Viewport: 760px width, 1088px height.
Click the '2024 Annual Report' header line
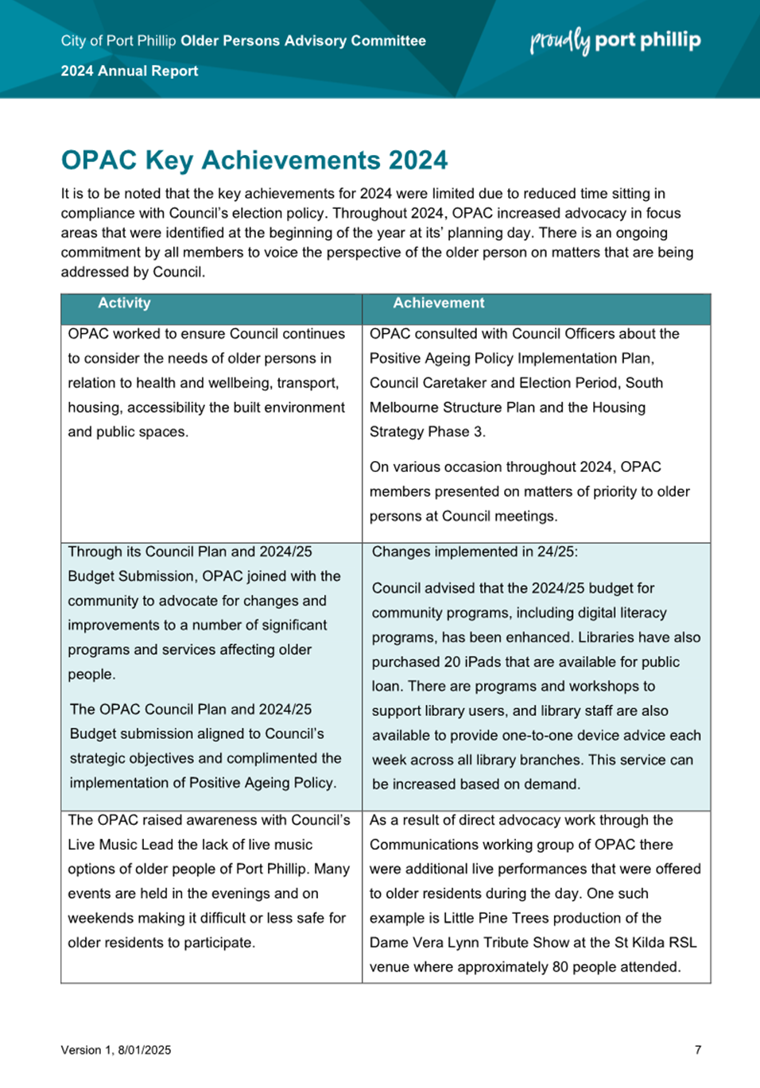coord(130,71)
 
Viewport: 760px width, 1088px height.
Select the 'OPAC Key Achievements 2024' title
coord(254,161)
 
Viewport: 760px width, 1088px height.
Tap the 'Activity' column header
coord(124,303)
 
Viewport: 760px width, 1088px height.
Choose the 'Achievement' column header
coord(438,303)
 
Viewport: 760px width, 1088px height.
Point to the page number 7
coord(698,1050)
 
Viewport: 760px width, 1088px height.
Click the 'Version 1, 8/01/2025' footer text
coord(116,1050)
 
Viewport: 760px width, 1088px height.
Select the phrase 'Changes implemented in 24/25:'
coord(475,552)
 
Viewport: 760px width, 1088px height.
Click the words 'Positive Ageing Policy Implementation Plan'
coord(511,358)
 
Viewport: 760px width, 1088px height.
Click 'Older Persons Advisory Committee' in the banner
coord(303,41)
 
